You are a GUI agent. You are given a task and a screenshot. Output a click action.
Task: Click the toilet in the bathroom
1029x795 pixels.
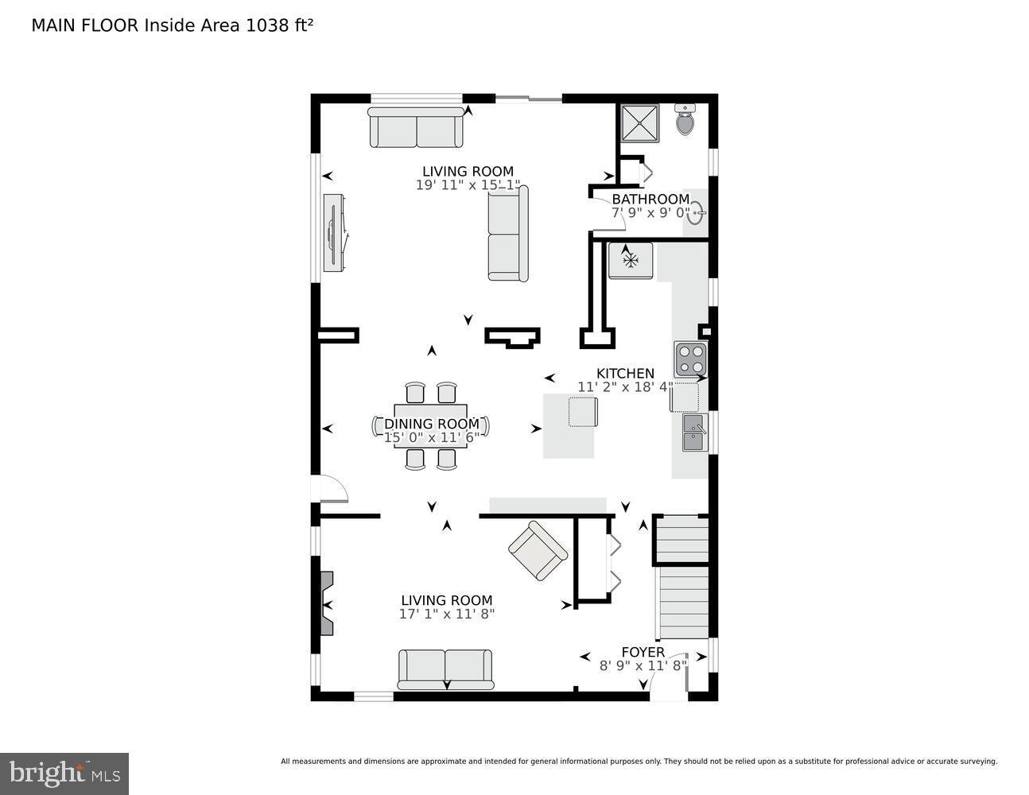coord(685,120)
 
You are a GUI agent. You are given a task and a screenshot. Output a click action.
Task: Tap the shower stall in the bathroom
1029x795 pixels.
coord(639,122)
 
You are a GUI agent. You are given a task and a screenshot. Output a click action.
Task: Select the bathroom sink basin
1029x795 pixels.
coord(696,213)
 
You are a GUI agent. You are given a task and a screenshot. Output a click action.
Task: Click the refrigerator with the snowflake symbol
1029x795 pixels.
coord(631,261)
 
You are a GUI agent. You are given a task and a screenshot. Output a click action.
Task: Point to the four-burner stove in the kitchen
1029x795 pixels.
coord(690,359)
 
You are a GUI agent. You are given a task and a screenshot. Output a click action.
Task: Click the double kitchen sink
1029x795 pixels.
coord(694,432)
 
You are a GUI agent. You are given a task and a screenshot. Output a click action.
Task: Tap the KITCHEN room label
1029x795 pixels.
coord(625,374)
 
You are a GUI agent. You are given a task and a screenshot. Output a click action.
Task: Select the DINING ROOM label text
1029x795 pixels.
coord(432,424)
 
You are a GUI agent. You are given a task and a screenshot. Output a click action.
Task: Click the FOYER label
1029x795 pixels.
coord(643,652)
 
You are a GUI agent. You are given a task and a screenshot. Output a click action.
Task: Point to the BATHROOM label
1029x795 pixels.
coord(650,199)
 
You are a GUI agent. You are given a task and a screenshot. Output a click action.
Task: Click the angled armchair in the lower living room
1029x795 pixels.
coord(538,550)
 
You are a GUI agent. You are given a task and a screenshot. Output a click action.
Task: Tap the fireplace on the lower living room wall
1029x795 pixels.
coord(326,603)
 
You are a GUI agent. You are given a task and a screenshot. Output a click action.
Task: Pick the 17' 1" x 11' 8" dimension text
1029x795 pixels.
coord(446,614)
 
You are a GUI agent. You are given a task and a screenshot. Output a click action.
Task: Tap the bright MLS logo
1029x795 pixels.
coord(64,773)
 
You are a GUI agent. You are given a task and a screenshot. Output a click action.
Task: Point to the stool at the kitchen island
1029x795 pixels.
coord(582,412)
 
